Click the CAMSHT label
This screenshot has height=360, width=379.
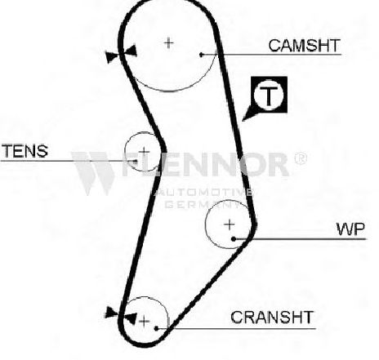tap(305, 46)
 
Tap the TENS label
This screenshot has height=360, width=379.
tap(25, 151)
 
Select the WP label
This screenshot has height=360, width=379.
tap(350, 229)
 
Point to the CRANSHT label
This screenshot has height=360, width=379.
tap(272, 318)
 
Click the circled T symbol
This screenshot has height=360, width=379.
tap(269, 95)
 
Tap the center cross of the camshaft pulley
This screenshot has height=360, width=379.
tap(169, 43)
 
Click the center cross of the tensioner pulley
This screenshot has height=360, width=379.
tap(144, 151)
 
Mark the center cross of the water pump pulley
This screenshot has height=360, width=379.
tap(230, 224)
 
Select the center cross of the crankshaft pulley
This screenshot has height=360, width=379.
tap(144, 322)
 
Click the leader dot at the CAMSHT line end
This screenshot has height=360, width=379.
tap(201, 55)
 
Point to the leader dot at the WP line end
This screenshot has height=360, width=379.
tap(234, 239)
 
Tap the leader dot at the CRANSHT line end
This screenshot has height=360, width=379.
tap(156, 328)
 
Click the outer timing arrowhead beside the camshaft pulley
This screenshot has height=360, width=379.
tap(111, 57)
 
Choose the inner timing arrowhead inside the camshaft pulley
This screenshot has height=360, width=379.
tap(131, 51)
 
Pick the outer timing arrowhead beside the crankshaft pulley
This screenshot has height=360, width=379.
tap(111, 312)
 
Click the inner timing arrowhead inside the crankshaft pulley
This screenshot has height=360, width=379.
tap(130, 318)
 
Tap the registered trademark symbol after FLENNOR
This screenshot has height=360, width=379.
tap(301, 158)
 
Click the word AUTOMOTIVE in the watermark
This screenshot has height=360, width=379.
tap(203, 193)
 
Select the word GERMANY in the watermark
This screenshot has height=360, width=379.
tap(203, 204)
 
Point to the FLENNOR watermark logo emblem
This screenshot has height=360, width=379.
tap(92, 173)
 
